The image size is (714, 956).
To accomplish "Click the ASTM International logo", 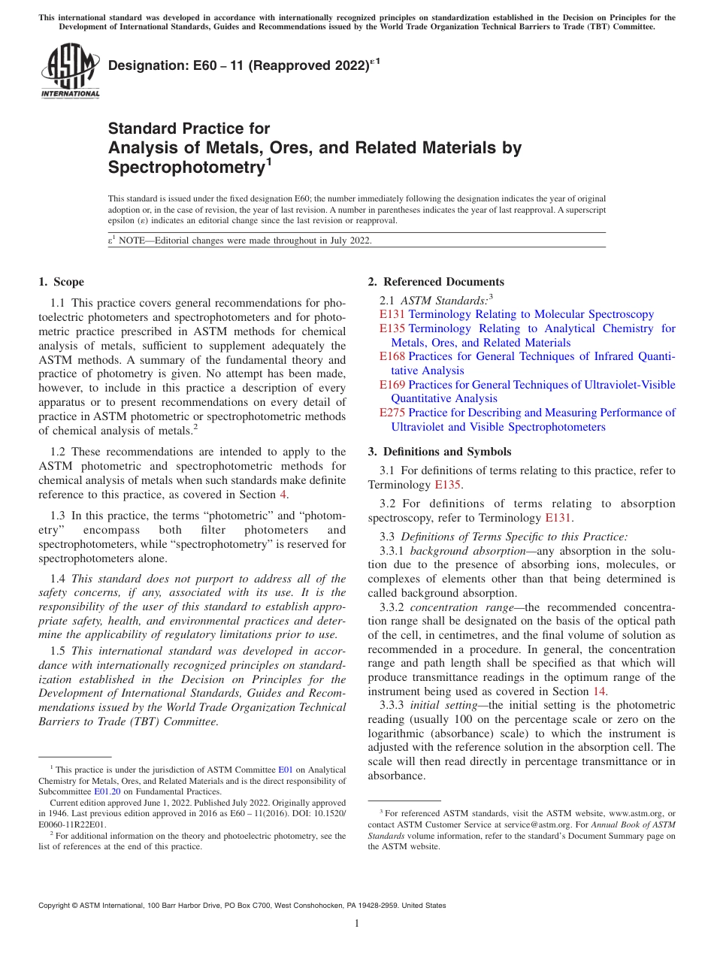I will click(x=69, y=71).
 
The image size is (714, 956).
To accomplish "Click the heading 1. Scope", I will click(x=61, y=282).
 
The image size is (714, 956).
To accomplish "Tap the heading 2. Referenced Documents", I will click(x=436, y=282).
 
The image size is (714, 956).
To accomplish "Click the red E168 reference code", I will click(x=392, y=356).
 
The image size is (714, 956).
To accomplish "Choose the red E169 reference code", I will click(x=392, y=385).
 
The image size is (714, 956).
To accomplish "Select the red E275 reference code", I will click(x=392, y=413).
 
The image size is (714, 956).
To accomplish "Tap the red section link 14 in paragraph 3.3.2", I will click(x=599, y=691).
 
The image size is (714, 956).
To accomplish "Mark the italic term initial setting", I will click(x=449, y=705).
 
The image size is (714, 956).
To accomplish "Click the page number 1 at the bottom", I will click(x=357, y=924).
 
